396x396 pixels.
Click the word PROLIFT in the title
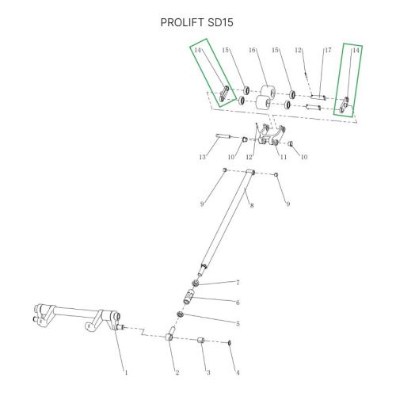[183, 22]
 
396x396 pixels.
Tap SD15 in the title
[220, 22]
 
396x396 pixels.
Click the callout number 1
[126, 372]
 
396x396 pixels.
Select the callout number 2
[177, 372]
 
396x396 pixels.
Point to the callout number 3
[208, 372]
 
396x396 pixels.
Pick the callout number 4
[238, 372]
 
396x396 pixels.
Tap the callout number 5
[238, 324]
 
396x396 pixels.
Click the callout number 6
[238, 303]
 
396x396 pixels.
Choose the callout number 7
[238, 283]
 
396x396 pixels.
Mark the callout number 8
[252, 205]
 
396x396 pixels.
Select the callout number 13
[203, 157]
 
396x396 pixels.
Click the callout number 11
[284, 157]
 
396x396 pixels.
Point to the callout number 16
[252, 50]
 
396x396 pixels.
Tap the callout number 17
[328, 50]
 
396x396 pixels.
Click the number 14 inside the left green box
[198, 50]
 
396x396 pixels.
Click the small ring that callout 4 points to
[230, 343]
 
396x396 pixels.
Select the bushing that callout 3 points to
[201, 340]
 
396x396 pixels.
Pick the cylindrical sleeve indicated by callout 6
[189, 297]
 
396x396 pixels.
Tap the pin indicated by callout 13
[223, 136]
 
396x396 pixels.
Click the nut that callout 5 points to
[181, 314]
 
